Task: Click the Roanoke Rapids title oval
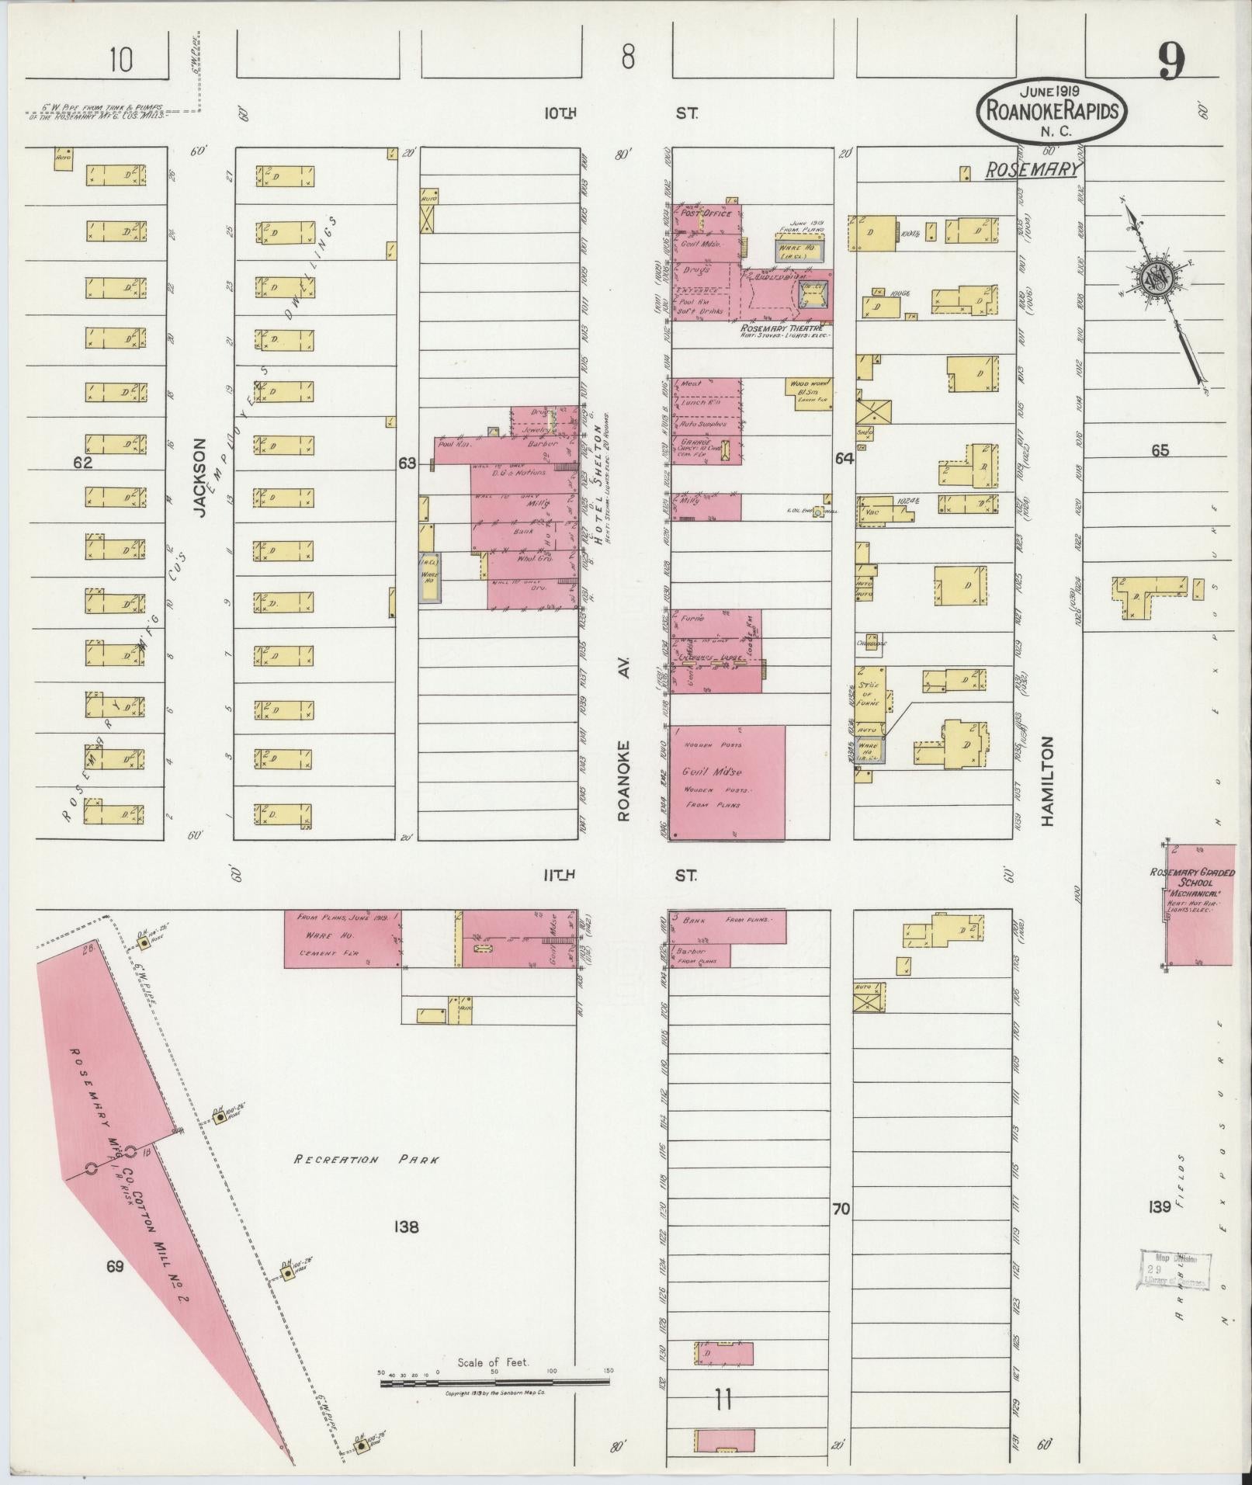point(1053,110)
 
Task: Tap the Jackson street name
point(202,477)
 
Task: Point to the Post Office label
point(706,213)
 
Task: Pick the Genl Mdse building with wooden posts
point(727,782)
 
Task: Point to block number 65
point(1160,450)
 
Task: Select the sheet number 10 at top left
point(120,60)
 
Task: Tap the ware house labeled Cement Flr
point(342,939)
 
